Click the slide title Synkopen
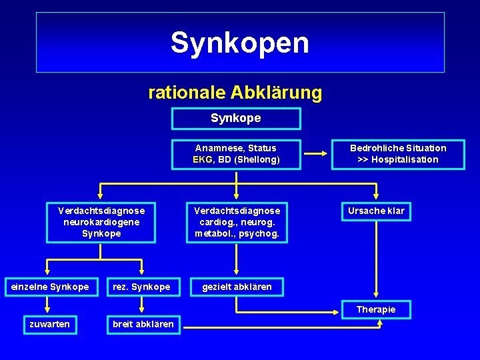click(240, 43)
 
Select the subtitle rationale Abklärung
click(235, 92)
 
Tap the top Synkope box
click(236, 119)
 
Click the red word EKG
click(202, 159)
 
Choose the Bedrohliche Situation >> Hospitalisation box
click(397, 153)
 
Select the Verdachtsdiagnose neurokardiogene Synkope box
click(101, 222)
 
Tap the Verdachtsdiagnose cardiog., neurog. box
click(237, 222)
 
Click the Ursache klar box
click(376, 211)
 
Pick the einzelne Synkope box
click(48, 287)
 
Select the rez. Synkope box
click(141, 287)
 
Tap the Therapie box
click(376, 309)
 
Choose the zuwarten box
click(49, 324)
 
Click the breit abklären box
click(143, 324)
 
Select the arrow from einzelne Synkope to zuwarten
click(48, 305)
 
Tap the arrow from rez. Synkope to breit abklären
click(142, 305)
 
